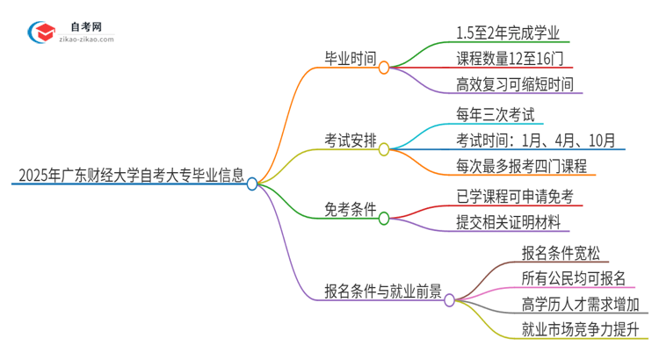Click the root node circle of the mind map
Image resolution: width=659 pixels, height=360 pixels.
252,184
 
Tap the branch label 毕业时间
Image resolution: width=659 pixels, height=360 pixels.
350,60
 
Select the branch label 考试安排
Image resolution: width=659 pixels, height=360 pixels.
350,140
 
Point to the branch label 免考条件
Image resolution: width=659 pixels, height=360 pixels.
350,211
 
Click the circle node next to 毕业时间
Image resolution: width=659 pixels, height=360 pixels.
384,68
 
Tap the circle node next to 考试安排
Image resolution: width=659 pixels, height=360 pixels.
384,149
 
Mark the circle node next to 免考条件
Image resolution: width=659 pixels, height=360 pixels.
384,219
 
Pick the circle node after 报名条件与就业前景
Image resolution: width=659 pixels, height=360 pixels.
449,300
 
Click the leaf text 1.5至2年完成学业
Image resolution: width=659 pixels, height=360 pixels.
508,33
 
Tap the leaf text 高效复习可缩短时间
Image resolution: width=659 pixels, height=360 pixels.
515,85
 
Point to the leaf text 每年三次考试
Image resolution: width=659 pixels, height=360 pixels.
495,115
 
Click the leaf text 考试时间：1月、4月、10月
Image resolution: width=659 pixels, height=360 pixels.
535,140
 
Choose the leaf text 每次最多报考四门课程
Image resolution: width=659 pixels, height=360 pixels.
521,166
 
